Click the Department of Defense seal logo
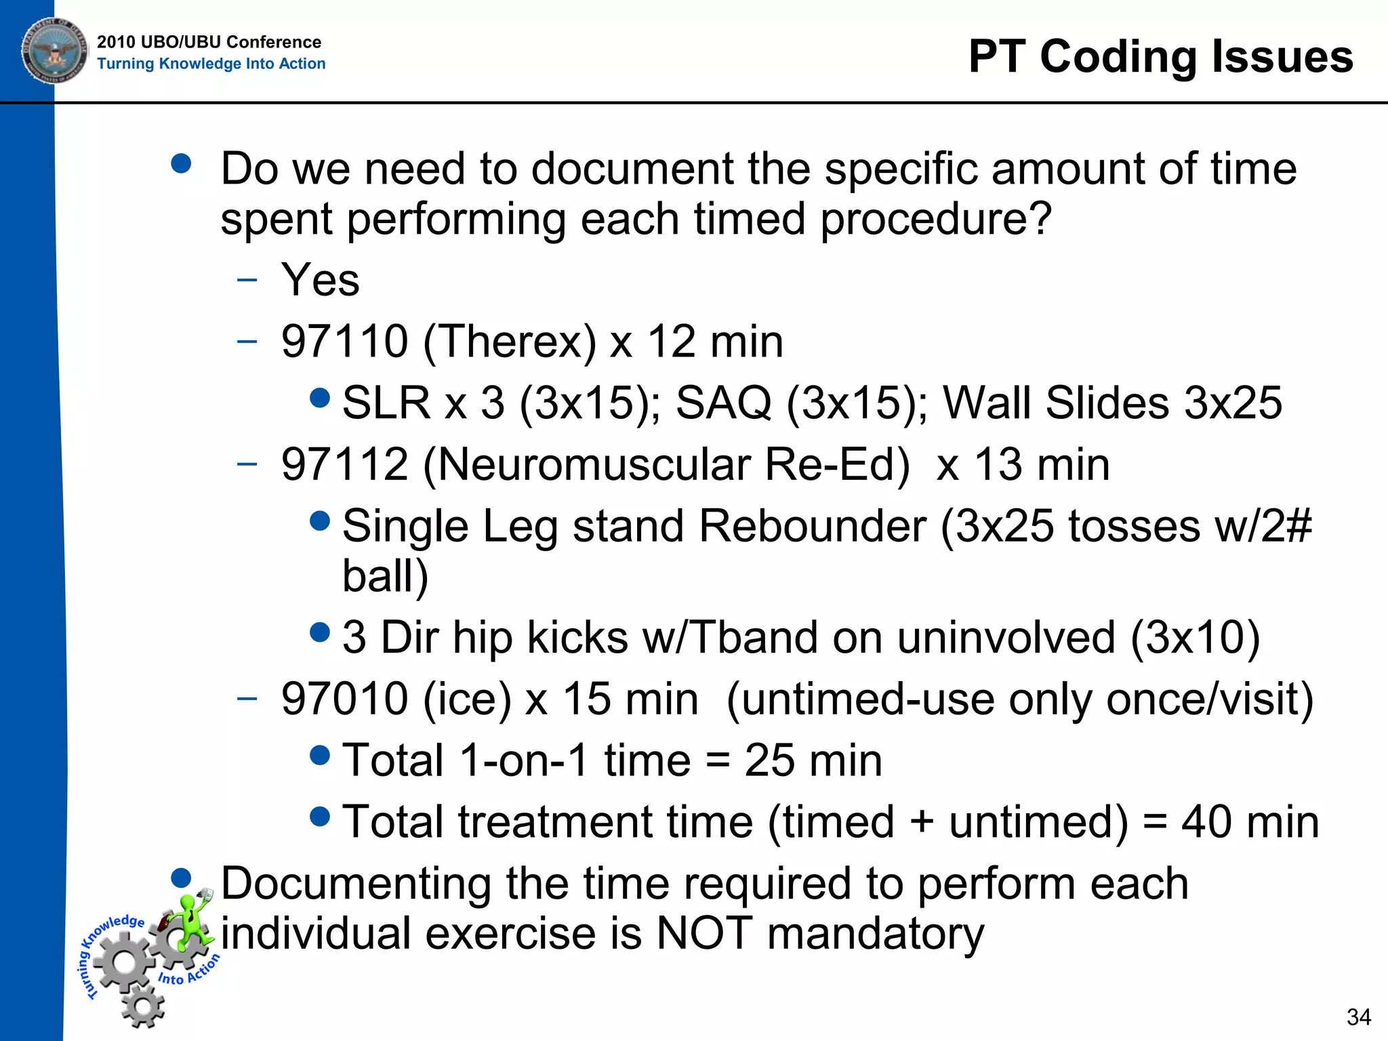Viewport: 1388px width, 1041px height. click(54, 50)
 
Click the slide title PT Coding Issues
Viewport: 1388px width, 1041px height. click(1160, 56)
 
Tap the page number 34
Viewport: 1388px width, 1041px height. click(1358, 1017)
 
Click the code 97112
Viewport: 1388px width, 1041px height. click(344, 465)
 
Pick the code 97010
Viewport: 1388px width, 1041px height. click(344, 699)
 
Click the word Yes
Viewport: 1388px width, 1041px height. click(320, 280)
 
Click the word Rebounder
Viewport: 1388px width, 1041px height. click(811, 527)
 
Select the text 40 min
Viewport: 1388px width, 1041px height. click(1250, 822)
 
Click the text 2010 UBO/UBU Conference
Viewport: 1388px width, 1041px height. click(209, 42)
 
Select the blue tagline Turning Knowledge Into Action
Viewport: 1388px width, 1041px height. click(211, 64)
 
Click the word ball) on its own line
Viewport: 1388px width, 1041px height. click(385, 577)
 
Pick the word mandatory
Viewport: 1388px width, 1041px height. click(875, 933)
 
